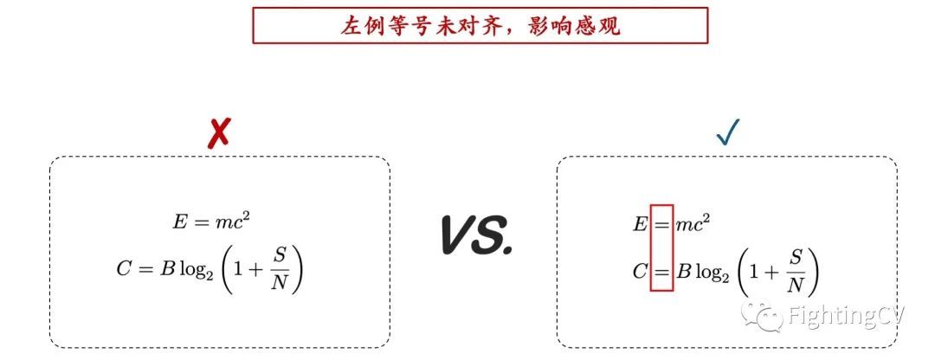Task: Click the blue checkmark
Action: click(726, 132)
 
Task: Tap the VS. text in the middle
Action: click(474, 235)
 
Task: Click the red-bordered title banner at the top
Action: click(480, 25)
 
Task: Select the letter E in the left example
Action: click(180, 222)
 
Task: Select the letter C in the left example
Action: click(124, 270)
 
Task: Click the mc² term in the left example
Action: click(233, 222)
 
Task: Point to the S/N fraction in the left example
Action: click(279, 270)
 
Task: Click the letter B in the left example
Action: click(167, 270)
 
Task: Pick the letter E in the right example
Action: click(640, 224)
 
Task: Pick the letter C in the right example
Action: click(640, 273)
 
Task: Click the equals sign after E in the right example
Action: click(661, 225)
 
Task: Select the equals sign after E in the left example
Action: click(201, 223)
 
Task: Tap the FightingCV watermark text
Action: click(844, 317)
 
